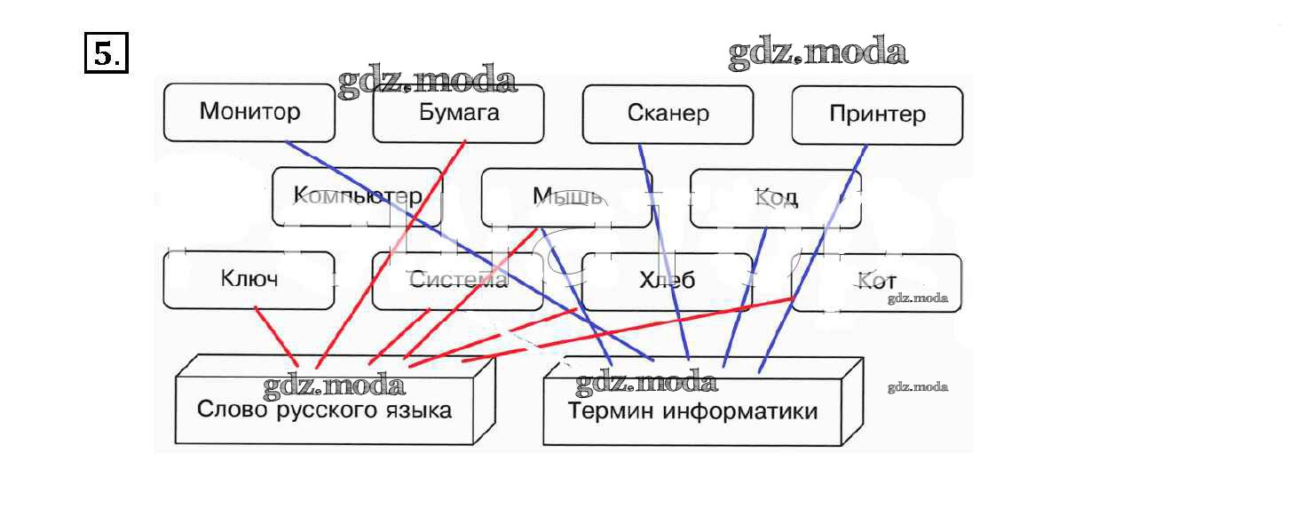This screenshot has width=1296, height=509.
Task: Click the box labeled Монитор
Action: tap(249, 112)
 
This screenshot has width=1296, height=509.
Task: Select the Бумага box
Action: tap(458, 113)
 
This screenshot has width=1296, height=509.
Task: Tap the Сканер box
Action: tap(668, 114)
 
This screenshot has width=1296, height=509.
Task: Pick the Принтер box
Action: tap(876, 115)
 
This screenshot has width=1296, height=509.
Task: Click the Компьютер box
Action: tap(357, 196)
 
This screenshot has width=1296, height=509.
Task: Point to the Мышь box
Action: tap(566, 196)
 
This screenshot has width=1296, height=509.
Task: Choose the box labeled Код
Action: tap(775, 197)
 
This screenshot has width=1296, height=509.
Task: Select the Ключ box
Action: tap(249, 279)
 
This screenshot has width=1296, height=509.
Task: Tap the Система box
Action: tap(457, 281)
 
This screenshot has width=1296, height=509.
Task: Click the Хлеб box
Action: tap(667, 281)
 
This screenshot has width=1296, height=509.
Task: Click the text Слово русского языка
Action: tap(324, 410)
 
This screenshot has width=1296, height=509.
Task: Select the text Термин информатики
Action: tap(692, 412)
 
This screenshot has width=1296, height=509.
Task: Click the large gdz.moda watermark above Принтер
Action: tap(818, 53)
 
